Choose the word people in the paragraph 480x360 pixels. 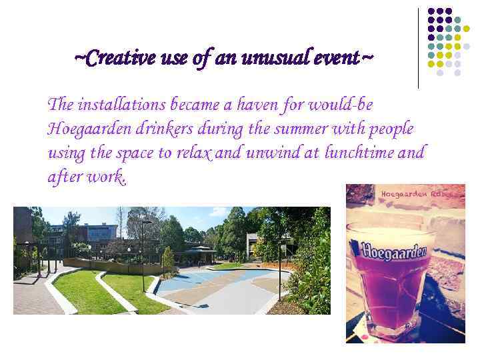coord(389,129)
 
